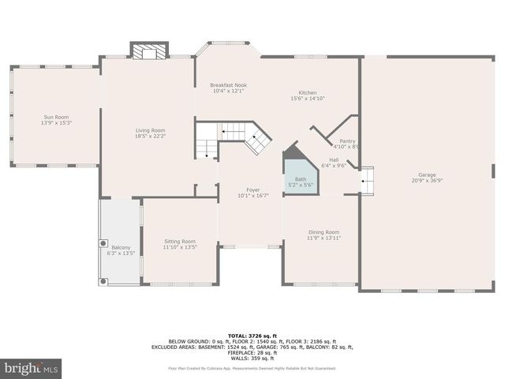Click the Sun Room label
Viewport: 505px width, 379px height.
[x=55, y=117]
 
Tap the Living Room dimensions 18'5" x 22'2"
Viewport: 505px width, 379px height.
[x=150, y=137]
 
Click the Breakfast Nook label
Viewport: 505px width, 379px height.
[x=229, y=84]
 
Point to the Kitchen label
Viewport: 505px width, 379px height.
[x=307, y=92]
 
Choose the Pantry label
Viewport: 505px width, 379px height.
[x=347, y=141]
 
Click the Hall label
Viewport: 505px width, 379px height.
[x=335, y=159]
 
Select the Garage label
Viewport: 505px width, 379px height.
[x=427, y=175]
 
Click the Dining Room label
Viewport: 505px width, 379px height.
[x=323, y=231]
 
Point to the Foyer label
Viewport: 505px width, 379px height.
[x=253, y=189]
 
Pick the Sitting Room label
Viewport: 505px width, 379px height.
[x=179, y=241]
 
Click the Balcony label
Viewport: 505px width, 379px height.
[x=121, y=247]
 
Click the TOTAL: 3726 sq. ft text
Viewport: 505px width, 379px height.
[x=252, y=336]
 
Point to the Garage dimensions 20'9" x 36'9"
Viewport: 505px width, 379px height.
[x=427, y=181]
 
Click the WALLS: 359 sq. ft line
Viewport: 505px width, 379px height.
[x=252, y=358]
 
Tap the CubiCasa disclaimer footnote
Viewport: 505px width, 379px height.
[x=252, y=369]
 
